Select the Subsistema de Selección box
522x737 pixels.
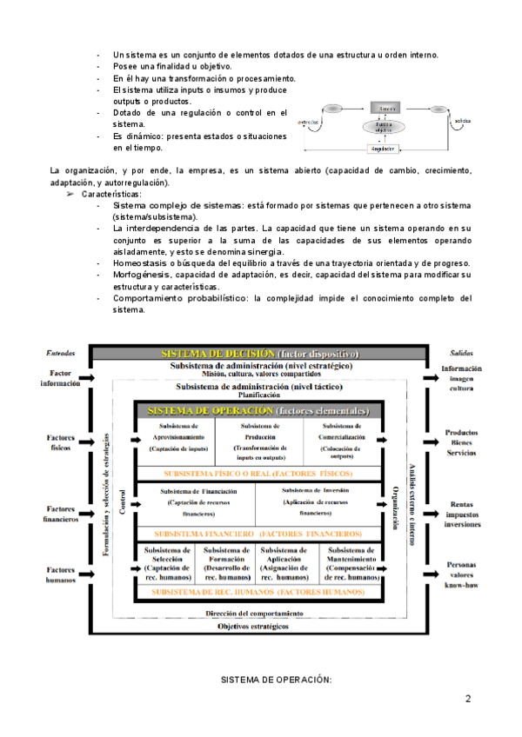(x=168, y=563)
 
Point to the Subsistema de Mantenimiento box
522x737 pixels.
(x=351, y=563)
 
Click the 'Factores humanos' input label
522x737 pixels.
(x=60, y=575)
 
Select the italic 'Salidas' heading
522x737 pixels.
(x=461, y=354)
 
